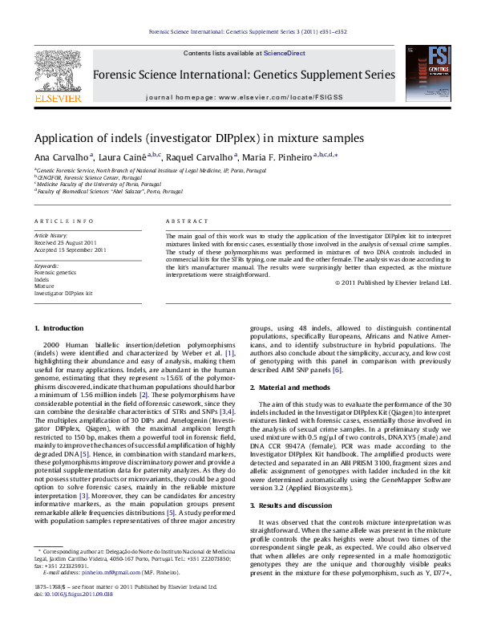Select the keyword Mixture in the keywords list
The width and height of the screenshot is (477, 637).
click(44, 286)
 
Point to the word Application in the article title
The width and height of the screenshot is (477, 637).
click(61, 137)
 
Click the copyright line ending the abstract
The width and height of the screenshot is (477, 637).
click(394, 282)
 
